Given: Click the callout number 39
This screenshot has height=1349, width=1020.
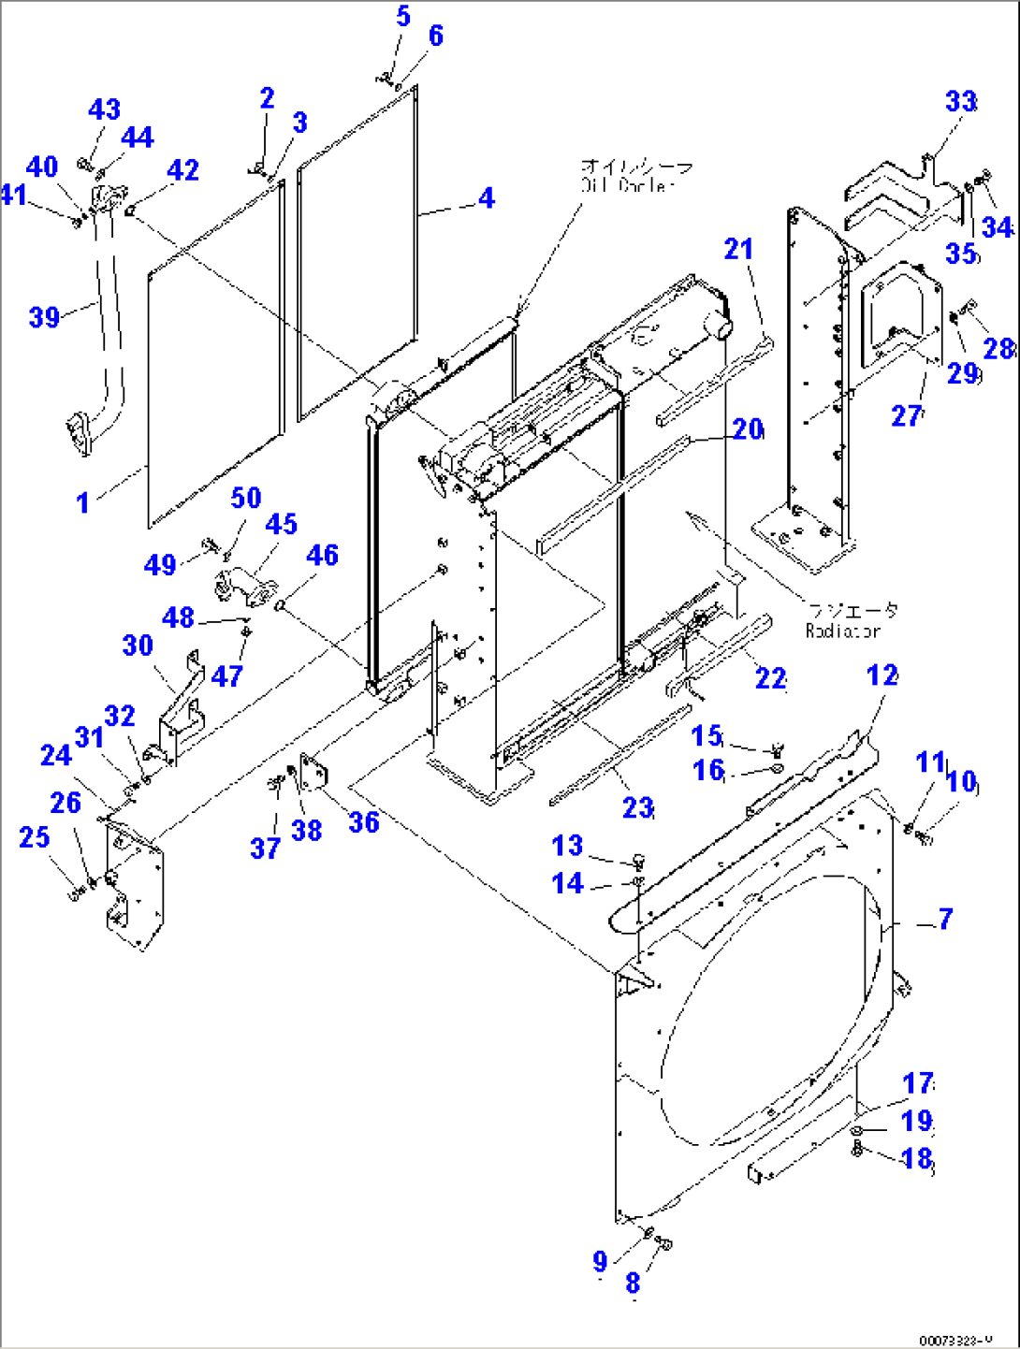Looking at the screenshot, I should pos(44,317).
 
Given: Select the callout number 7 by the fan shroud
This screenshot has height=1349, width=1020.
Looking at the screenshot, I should pos(945,919).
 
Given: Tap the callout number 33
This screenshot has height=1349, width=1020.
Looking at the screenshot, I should pos(961,101).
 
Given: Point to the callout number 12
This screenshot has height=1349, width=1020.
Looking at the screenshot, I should pos(882,675).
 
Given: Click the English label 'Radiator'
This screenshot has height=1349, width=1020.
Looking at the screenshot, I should pos(842,631).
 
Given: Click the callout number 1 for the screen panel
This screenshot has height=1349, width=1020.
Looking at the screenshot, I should pos(82,503).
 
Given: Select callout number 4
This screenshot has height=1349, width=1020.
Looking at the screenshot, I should pos(486,198).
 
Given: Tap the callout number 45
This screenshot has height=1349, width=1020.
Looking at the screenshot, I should pos(281,524).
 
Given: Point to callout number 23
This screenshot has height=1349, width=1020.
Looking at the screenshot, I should pos(637,807).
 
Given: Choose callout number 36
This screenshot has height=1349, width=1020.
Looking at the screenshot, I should pos(363,822).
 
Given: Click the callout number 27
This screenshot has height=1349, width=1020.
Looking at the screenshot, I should pos(905,414).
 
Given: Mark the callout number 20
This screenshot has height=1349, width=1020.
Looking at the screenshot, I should pos(747,429).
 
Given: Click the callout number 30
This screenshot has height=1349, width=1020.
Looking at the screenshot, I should pos(138,645).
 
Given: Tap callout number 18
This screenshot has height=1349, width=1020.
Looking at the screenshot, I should pos(916,1158).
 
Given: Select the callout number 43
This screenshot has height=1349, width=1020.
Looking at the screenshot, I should pos(104,109).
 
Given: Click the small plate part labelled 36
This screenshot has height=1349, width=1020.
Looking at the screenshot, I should pos(313,771).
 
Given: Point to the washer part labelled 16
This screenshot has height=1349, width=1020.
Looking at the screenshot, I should pos(777,769).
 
